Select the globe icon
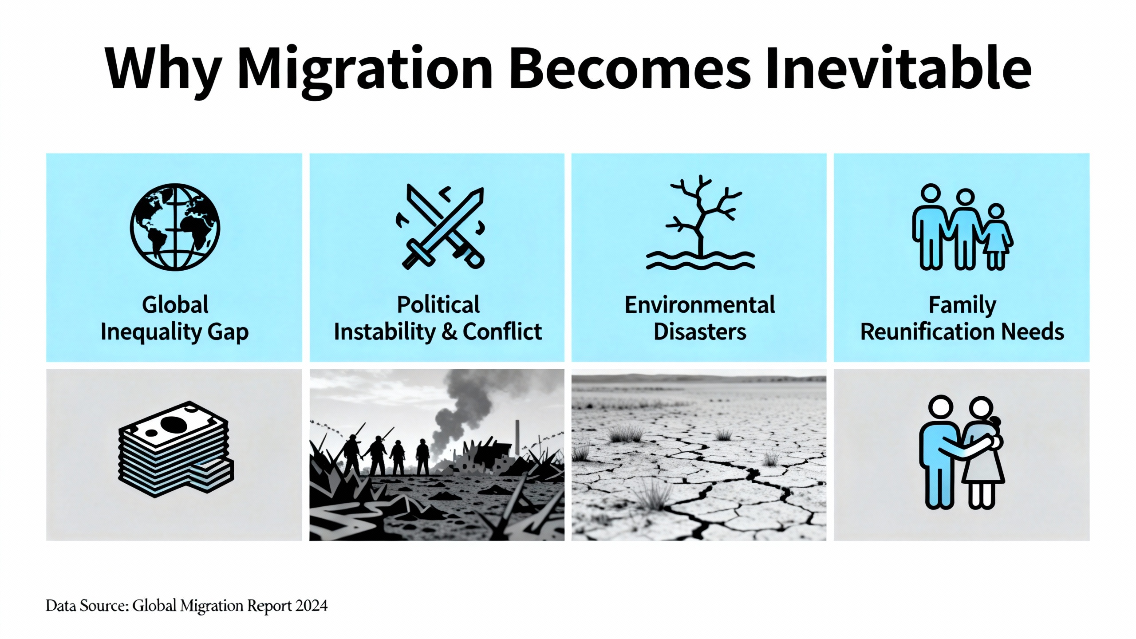click(x=175, y=227)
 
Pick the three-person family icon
click(x=962, y=227)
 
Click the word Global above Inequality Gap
click(x=175, y=305)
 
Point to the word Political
click(x=438, y=305)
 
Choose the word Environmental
click(x=700, y=305)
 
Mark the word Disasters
click(x=700, y=332)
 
